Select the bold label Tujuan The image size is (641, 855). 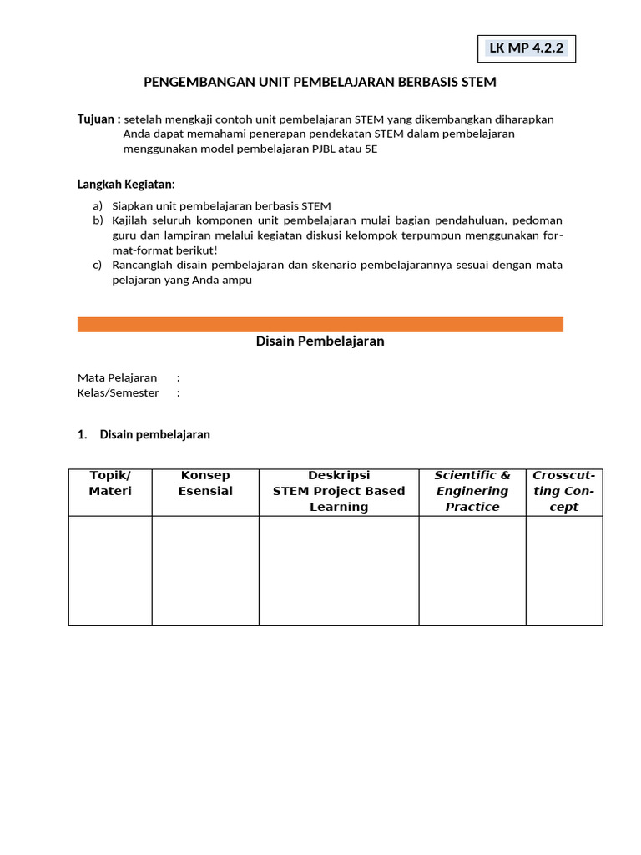pos(98,119)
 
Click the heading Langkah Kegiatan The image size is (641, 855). pos(126,184)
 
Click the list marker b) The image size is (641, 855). pos(98,220)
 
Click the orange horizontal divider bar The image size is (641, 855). pos(320,324)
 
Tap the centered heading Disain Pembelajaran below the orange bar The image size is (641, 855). pos(320,341)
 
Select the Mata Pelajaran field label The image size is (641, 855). pos(117,377)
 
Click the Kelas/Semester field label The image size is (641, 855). pos(118,392)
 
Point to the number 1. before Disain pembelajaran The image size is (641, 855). pos(83,434)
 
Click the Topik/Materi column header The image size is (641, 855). pos(110,483)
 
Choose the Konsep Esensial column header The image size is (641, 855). pos(205,483)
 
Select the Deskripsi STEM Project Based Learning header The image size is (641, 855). pos(339,491)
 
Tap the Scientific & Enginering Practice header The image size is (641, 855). pos(472,491)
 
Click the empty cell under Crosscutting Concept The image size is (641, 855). pos(564,570)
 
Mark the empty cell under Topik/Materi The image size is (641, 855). pos(110,570)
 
